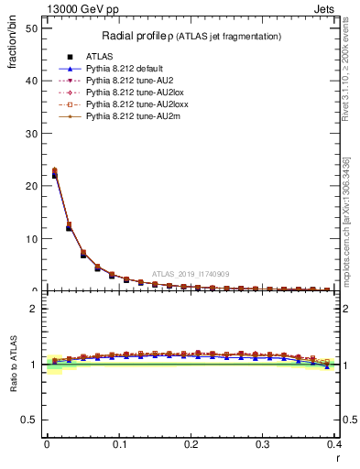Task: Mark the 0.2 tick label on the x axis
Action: tap(191, 444)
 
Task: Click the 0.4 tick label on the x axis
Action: tap(334, 444)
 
